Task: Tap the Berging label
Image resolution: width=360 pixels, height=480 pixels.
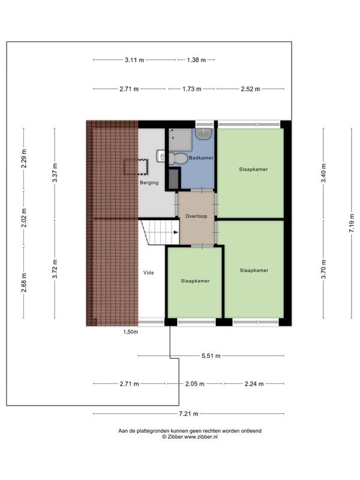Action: click(x=149, y=182)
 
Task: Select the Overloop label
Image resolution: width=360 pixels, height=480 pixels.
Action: click(x=196, y=216)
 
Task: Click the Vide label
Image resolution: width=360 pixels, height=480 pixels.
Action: click(x=148, y=272)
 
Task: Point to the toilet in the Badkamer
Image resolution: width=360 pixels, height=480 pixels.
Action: click(x=178, y=158)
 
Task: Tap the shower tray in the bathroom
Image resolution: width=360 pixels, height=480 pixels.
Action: click(x=181, y=139)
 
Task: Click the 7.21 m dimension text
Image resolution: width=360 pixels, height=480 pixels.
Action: click(x=189, y=414)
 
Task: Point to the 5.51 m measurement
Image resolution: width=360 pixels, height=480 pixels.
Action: click(x=211, y=356)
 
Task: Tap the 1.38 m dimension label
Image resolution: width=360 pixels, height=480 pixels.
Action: click(x=196, y=60)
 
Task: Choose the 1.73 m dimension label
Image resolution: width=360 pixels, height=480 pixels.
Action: click(x=192, y=89)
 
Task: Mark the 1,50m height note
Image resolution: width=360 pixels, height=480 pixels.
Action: click(x=131, y=331)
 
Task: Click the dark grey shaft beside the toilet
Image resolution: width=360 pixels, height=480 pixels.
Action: click(x=173, y=179)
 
